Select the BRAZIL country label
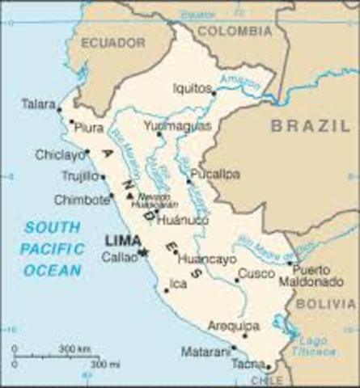pyautogui.click(x=310, y=126)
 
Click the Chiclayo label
pyautogui.click(x=60, y=154)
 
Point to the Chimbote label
pyautogui.click(x=80, y=199)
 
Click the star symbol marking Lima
pyautogui.click(x=143, y=252)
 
